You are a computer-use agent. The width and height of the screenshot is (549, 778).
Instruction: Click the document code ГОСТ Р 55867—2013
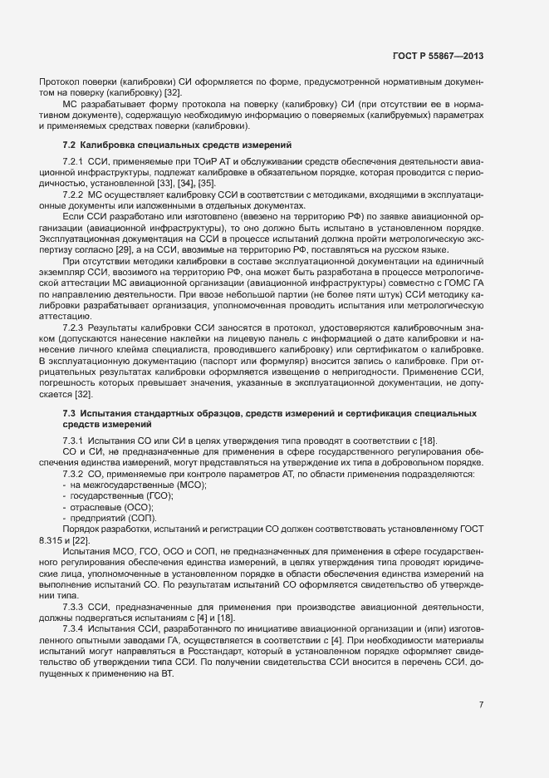click(x=439, y=57)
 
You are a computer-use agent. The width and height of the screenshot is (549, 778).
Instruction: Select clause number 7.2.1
click(x=74, y=159)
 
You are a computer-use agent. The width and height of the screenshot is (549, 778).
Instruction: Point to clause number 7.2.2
click(x=74, y=194)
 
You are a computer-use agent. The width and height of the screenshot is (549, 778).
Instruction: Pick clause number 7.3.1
click(x=74, y=440)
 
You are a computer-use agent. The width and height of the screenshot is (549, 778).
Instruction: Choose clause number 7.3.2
click(x=74, y=474)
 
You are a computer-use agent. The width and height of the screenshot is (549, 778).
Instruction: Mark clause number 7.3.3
click(x=74, y=605)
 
